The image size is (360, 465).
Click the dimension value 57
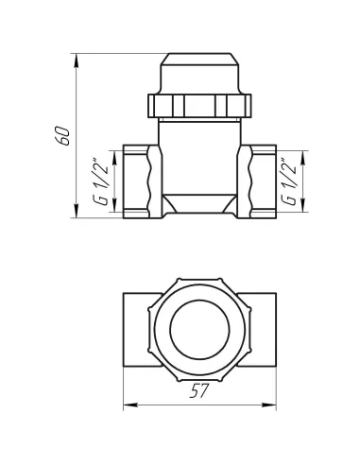[199, 391]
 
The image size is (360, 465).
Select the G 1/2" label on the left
[99, 181]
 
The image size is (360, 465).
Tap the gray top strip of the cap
[198, 47]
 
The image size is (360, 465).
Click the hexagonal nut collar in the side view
[198, 103]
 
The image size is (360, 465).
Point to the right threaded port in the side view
[259, 181]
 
